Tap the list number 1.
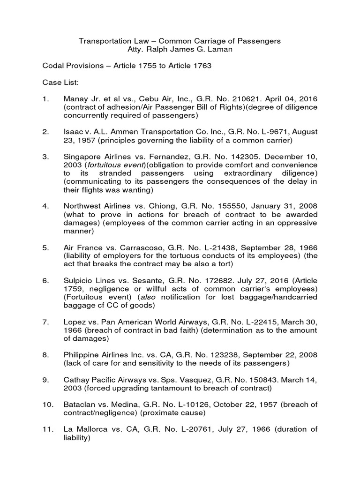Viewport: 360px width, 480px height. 45,99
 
